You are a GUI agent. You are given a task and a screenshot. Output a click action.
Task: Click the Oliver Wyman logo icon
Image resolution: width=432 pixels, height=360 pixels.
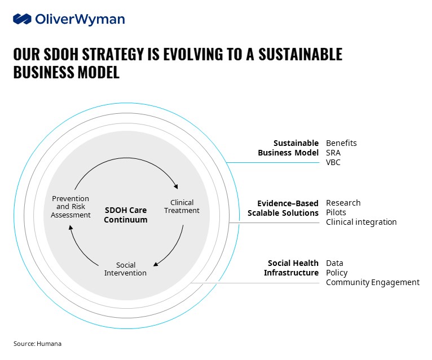point(22,19)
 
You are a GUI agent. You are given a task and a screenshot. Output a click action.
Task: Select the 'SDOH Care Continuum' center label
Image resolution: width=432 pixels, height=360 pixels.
point(125,215)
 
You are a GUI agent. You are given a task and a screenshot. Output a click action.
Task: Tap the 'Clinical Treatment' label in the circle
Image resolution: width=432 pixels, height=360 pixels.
point(182,206)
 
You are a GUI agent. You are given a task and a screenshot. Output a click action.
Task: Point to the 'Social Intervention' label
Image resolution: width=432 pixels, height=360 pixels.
point(125,269)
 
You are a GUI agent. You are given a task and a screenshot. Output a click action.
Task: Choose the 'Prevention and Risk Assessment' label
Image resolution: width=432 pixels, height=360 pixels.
point(71,206)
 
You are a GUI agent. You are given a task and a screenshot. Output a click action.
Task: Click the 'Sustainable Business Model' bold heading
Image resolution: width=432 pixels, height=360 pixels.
point(288,148)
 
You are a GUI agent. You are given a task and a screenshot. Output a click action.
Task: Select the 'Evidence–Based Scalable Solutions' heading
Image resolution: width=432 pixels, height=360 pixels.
point(283,208)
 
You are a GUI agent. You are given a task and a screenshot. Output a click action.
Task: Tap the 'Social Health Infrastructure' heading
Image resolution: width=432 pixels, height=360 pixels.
point(291,268)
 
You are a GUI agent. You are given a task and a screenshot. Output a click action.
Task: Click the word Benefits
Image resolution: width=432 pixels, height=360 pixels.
point(341,143)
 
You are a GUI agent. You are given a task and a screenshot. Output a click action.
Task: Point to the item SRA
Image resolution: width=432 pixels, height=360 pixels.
point(333,153)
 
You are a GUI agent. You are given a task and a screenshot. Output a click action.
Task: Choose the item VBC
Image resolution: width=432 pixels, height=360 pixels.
point(333,162)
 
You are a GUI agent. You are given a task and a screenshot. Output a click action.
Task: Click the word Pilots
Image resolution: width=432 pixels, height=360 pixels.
point(336,212)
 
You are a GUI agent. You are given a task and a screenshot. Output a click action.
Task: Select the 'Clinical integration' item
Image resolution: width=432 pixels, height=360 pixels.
point(361,222)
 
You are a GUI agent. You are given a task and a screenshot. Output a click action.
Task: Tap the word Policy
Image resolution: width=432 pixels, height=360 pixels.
point(337,273)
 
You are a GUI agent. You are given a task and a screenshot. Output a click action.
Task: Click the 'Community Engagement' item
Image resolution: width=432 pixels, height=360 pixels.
point(372,282)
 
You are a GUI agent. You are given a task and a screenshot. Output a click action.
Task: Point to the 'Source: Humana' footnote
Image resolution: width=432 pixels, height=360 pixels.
point(38,343)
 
